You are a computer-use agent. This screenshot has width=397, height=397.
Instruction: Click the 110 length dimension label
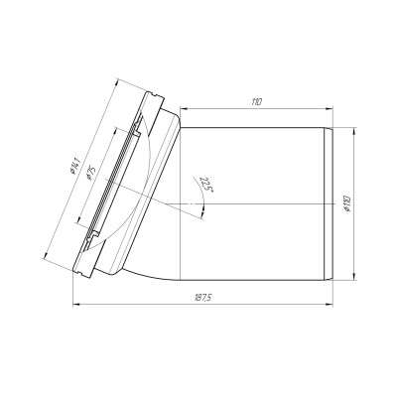click(256, 101)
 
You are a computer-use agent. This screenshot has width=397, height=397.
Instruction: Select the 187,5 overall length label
click(202, 298)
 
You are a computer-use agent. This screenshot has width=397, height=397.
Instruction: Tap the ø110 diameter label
click(347, 203)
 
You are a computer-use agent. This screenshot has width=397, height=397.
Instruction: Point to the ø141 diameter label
click(75, 166)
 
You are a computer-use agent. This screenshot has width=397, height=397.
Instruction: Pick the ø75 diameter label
click(90, 174)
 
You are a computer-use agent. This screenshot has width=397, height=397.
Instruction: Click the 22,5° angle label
click(205, 185)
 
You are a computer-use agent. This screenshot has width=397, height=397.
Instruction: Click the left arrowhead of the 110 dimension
click(183, 108)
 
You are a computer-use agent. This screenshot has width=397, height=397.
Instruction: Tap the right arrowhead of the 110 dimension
click(330, 108)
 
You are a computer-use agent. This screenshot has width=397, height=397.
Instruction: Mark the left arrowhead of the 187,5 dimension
click(76, 304)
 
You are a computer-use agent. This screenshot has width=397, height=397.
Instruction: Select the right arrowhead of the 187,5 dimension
click(330, 304)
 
